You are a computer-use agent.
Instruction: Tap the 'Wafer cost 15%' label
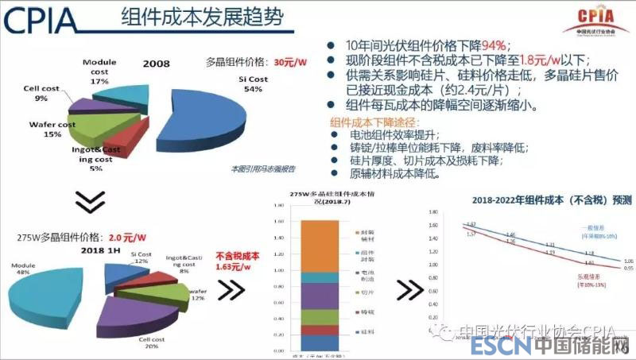pos(52,129)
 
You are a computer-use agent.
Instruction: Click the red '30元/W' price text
pos(290,61)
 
